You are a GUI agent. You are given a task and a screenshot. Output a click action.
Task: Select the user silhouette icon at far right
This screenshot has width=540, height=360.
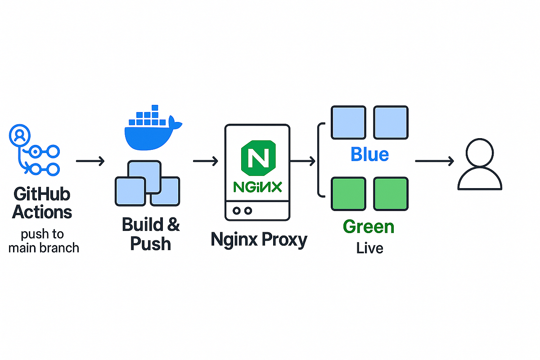(480, 164)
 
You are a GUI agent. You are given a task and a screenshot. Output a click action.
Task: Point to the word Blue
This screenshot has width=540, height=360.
(369, 154)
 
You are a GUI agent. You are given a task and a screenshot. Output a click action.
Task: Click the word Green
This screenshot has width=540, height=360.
(368, 226)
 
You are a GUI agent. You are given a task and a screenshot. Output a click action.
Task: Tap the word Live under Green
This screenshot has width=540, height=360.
(369, 248)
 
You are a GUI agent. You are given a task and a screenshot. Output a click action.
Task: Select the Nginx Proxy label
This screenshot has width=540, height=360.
(259, 240)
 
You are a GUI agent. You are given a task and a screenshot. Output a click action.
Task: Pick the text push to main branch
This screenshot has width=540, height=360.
(44, 240)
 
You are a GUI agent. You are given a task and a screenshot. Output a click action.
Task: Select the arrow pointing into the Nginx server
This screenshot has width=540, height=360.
(206, 161)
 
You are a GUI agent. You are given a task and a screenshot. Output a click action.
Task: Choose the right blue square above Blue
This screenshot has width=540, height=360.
(391, 122)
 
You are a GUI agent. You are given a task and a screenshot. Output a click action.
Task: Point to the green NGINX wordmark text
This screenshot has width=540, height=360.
(258, 187)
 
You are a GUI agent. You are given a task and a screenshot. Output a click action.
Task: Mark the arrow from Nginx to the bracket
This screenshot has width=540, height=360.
(303, 161)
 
